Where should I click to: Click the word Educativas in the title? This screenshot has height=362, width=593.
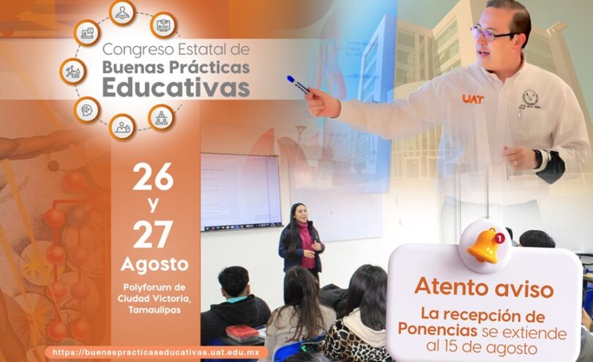[176, 87]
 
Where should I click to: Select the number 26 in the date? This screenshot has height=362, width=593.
[153, 177]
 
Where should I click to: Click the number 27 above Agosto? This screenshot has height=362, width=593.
[153, 234]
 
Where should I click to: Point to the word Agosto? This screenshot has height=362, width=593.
[154, 265]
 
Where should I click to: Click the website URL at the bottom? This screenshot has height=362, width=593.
[156, 352]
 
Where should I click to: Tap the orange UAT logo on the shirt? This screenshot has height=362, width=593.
[473, 99]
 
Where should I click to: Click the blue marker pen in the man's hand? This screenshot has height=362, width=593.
[299, 84]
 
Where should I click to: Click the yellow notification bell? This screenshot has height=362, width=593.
[485, 245]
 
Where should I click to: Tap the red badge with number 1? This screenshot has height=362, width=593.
[499, 238]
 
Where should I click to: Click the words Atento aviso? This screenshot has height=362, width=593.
[484, 288]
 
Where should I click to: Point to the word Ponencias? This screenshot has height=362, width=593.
[437, 329]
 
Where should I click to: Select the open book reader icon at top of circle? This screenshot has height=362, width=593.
[122, 13]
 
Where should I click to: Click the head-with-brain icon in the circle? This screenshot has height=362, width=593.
[86, 110]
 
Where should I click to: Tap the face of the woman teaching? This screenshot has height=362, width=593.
[299, 214]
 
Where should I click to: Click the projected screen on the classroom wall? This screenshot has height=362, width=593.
[241, 191]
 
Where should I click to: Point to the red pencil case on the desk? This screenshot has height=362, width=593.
[242, 333]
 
